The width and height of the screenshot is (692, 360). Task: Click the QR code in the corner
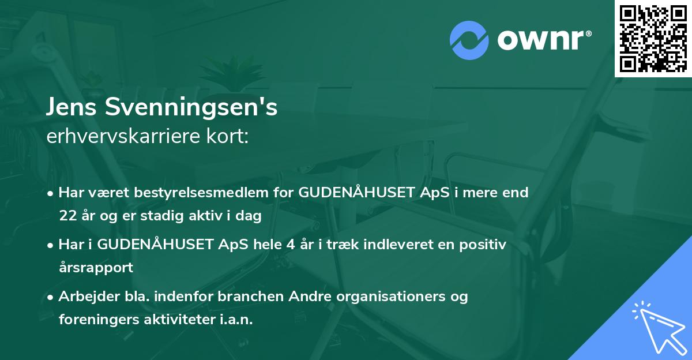[653, 39]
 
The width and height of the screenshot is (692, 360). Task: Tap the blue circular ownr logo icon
[469, 40]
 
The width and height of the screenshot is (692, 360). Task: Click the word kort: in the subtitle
[229, 136]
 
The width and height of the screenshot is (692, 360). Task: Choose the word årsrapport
[96, 268]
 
